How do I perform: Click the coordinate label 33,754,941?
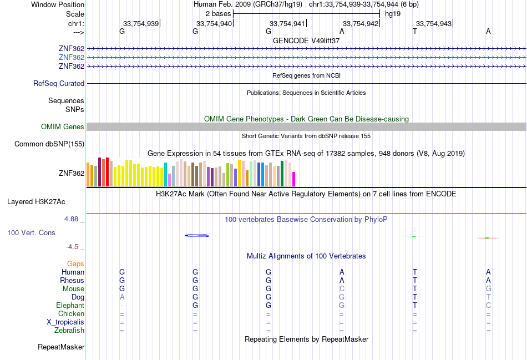pyautogui.click(x=287, y=23)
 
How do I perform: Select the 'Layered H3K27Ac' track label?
pyautogui.click(x=36, y=202)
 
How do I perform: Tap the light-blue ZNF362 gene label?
pyautogui.click(x=72, y=58)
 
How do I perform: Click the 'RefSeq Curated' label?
pyautogui.click(x=59, y=83)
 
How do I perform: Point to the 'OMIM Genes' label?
pyautogui.click(x=63, y=126)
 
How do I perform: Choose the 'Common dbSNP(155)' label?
pyautogui.click(x=49, y=144)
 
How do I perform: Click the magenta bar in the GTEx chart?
pyautogui.click(x=294, y=179)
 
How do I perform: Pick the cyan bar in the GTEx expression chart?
pyautogui.click(x=165, y=175)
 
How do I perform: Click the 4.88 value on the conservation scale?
pyautogui.click(x=71, y=219)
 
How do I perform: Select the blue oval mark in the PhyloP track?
pyautogui.click(x=196, y=235)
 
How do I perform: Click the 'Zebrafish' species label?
pyautogui.click(x=69, y=331)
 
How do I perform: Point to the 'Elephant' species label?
pyautogui.click(x=70, y=306)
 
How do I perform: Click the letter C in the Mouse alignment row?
pyautogui.click(x=342, y=289)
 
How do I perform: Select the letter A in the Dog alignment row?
pyautogui.click(x=122, y=297)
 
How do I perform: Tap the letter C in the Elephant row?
pyautogui.click(x=488, y=306)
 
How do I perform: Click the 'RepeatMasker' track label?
pyautogui.click(x=61, y=347)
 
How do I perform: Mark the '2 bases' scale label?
pyautogui.click(x=219, y=14)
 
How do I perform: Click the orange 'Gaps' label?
pyautogui.click(x=75, y=264)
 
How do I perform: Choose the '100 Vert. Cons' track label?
pyautogui.click(x=31, y=232)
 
